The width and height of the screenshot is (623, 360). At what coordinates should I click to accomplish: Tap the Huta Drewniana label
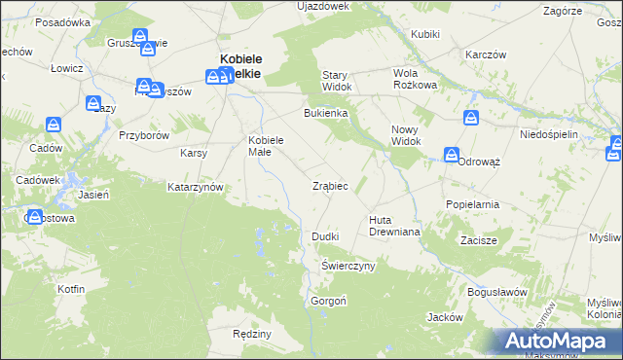(x=393, y=226)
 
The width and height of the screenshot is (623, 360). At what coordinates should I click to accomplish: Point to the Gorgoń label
(x=328, y=301)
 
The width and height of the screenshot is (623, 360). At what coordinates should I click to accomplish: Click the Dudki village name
(x=324, y=236)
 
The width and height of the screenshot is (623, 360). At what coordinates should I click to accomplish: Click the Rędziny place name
(x=252, y=334)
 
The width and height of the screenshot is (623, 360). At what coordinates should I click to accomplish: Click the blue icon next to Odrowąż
(x=452, y=155)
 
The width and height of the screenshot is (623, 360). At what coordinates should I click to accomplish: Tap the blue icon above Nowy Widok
(x=471, y=118)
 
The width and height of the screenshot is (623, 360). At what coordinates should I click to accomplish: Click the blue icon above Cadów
(x=54, y=124)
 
